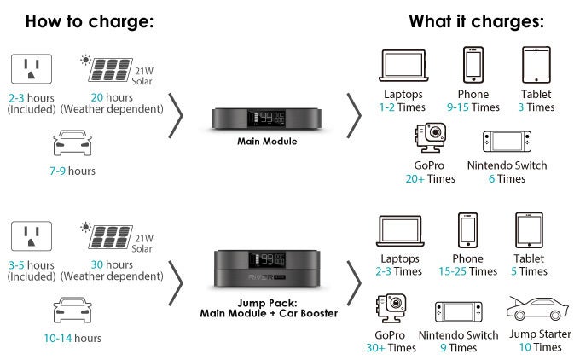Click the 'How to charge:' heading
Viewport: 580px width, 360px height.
pos(89,21)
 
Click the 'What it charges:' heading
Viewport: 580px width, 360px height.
pos(476,21)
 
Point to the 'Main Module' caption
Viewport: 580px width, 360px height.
pos(267,140)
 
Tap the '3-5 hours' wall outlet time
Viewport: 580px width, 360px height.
pos(30,264)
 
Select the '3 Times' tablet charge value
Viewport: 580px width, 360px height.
pos(535,107)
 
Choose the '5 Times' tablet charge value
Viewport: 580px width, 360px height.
pos(530,271)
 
